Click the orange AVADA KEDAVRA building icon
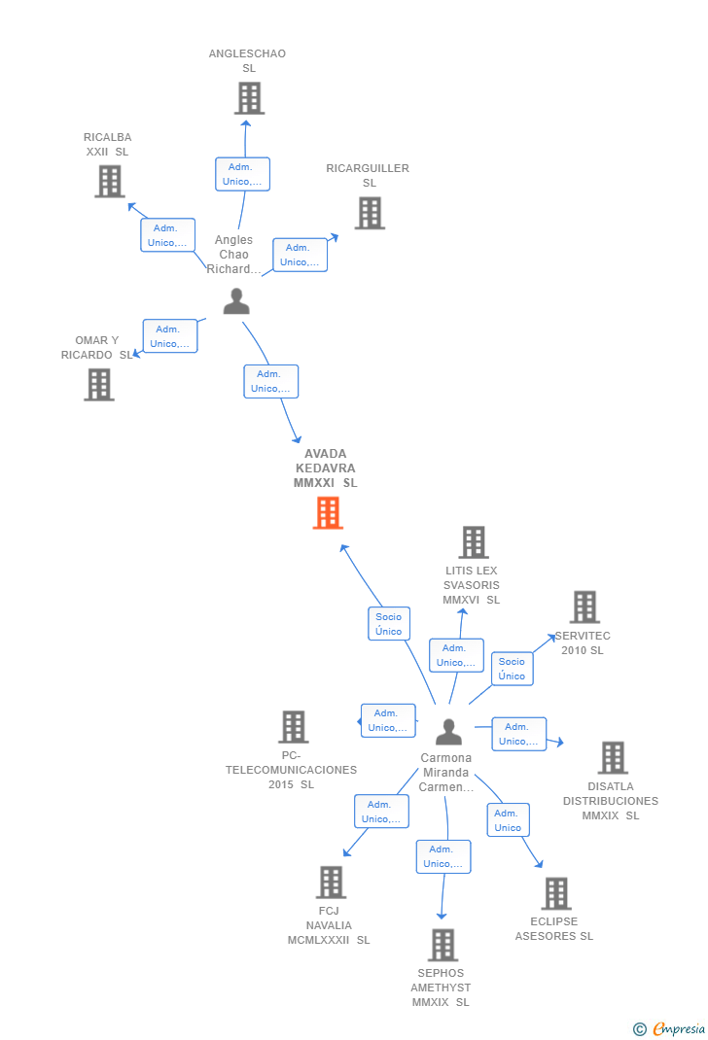[328, 512]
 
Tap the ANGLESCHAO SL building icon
[250, 98]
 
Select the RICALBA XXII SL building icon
[110, 181]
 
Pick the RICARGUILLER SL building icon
[370, 213]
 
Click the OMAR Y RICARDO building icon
[99, 385]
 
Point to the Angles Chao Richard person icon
[236, 300]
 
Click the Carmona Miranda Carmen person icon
[448, 732]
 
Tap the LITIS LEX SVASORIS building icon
[474, 542]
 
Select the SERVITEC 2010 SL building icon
[585, 607]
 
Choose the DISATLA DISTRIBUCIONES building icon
[613, 757]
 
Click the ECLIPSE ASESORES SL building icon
[556, 893]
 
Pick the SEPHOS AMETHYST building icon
[442, 945]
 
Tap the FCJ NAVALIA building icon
[331, 883]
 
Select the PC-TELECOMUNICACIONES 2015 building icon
[294, 727]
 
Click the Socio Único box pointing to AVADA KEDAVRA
[389, 623]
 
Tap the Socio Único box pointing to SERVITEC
[512, 669]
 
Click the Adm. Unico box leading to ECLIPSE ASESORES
[509, 820]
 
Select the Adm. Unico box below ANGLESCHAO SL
[242, 174]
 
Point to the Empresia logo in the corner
[669, 1028]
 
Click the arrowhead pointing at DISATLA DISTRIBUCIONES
[560, 743]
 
